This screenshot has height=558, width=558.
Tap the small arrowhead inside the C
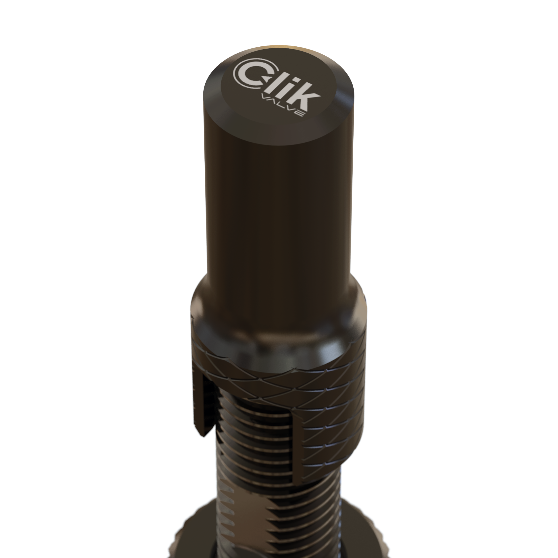(269, 78)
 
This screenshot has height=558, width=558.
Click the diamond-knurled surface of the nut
(332, 404)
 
